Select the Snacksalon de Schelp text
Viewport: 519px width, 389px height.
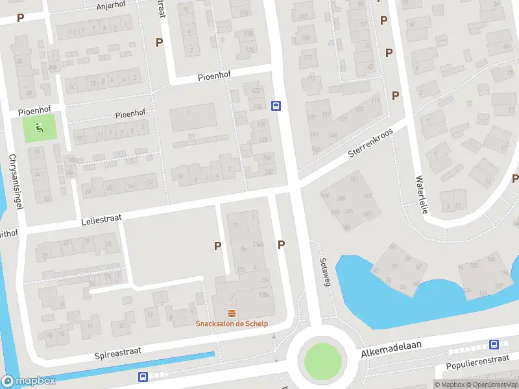click(x=232, y=324)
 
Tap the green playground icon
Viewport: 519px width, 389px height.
click(x=40, y=128)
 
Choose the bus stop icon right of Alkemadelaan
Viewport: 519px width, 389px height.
click(x=494, y=345)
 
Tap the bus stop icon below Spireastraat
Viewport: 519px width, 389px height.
click(x=142, y=377)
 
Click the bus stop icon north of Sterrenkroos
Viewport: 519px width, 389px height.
click(x=276, y=106)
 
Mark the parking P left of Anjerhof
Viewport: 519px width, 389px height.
click(x=20, y=18)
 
